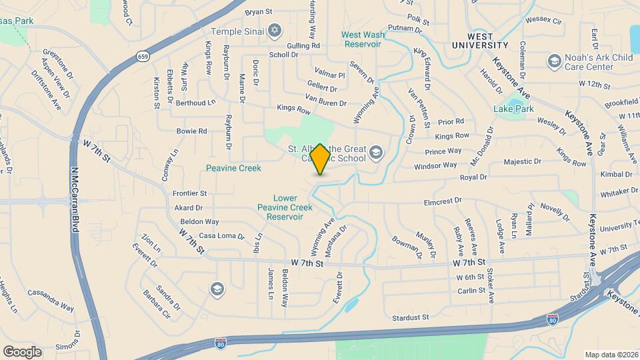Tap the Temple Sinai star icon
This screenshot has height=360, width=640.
[x=274, y=31]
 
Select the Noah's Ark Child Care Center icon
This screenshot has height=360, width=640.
[x=553, y=62]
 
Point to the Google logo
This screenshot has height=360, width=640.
[x=22, y=351]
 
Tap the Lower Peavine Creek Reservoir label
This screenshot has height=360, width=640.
[x=284, y=207]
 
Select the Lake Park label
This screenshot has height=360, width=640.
[x=513, y=109]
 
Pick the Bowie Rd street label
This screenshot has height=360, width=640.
[x=191, y=131]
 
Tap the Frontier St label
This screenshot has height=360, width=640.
[x=190, y=193]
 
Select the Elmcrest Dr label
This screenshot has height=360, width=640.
[x=443, y=201]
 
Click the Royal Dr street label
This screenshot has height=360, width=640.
[x=473, y=178]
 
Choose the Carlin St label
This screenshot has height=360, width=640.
[x=471, y=291]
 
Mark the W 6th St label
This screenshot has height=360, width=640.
[x=469, y=277]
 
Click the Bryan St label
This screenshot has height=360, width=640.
[x=259, y=12]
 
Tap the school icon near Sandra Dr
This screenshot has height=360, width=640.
[x=216, y=289]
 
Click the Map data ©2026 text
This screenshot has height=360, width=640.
[x=611, y=354]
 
